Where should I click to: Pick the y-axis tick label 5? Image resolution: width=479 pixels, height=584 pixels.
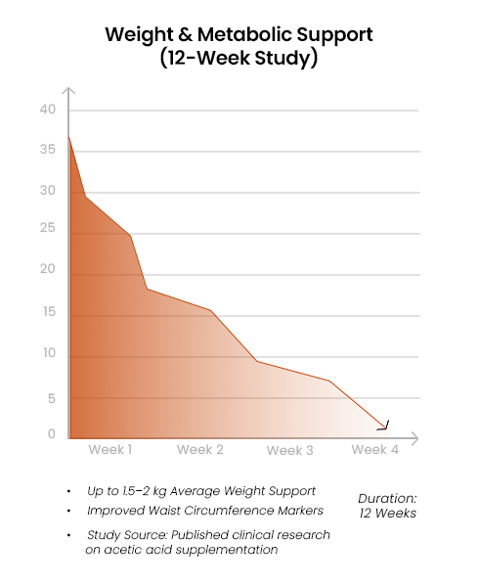pos(51,398)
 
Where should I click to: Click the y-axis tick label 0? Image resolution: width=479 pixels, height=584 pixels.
pos(51,434)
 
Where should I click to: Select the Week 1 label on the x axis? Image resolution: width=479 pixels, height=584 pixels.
pos(110,449)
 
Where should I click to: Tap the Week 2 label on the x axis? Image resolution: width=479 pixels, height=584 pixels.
pos(200,450)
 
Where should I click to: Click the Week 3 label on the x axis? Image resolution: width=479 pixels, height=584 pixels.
pos(290,451)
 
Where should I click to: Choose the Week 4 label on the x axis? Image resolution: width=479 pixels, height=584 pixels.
pos(375,449)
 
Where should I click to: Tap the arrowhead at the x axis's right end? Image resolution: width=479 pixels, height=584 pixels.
pos(415,437)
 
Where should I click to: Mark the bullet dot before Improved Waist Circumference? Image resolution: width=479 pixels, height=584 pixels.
pos(69,512)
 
